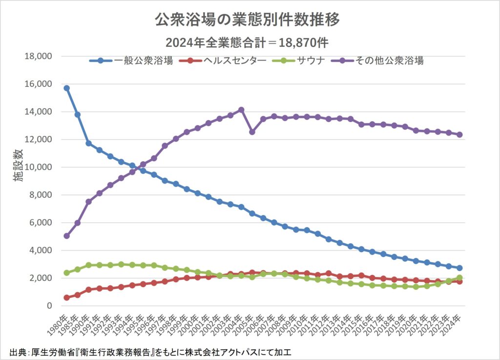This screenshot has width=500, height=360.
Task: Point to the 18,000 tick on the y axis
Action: pos(38,56)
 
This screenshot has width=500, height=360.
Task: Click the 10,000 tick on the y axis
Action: pos(38,167)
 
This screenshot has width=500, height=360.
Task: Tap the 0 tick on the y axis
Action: pos(49,306)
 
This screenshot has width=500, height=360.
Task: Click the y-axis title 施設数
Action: pos(18,181)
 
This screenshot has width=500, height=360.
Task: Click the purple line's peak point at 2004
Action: pos(241,110)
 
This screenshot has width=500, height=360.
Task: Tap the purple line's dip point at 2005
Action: pos(252,132)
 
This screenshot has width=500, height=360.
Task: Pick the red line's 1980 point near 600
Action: pos(66,297)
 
